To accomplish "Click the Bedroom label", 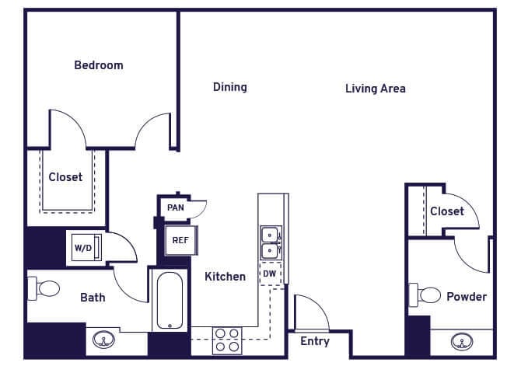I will click(98, 65).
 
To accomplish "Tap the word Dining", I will click(229, 87).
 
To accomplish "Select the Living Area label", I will click(375, 89).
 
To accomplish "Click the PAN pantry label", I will click(175, 207).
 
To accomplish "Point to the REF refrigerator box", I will click(180, 240).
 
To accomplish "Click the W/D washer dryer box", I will click(82, 249).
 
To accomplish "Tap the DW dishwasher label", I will click(269, 274).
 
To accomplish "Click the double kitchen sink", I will click(270, 242).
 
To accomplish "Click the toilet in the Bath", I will click(45, 289).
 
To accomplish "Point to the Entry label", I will click(314, 341).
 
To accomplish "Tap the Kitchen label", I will click(225, 277).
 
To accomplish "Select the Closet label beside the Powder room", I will click(446, 211).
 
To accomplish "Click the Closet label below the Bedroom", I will click(65, 177).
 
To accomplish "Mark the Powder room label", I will click(466, 297).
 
